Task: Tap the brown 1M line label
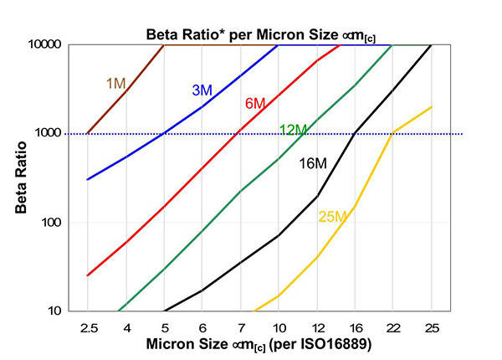(115, 83)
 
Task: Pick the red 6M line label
(255, 104)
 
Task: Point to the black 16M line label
(313, 163)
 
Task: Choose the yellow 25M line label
(332, 217)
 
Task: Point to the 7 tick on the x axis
(241, 327)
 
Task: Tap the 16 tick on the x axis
(356, 327)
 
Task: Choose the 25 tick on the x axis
(432, 327)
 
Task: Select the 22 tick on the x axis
(393, 327)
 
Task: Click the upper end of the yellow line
(432, 106)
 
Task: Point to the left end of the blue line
(88, 179)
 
